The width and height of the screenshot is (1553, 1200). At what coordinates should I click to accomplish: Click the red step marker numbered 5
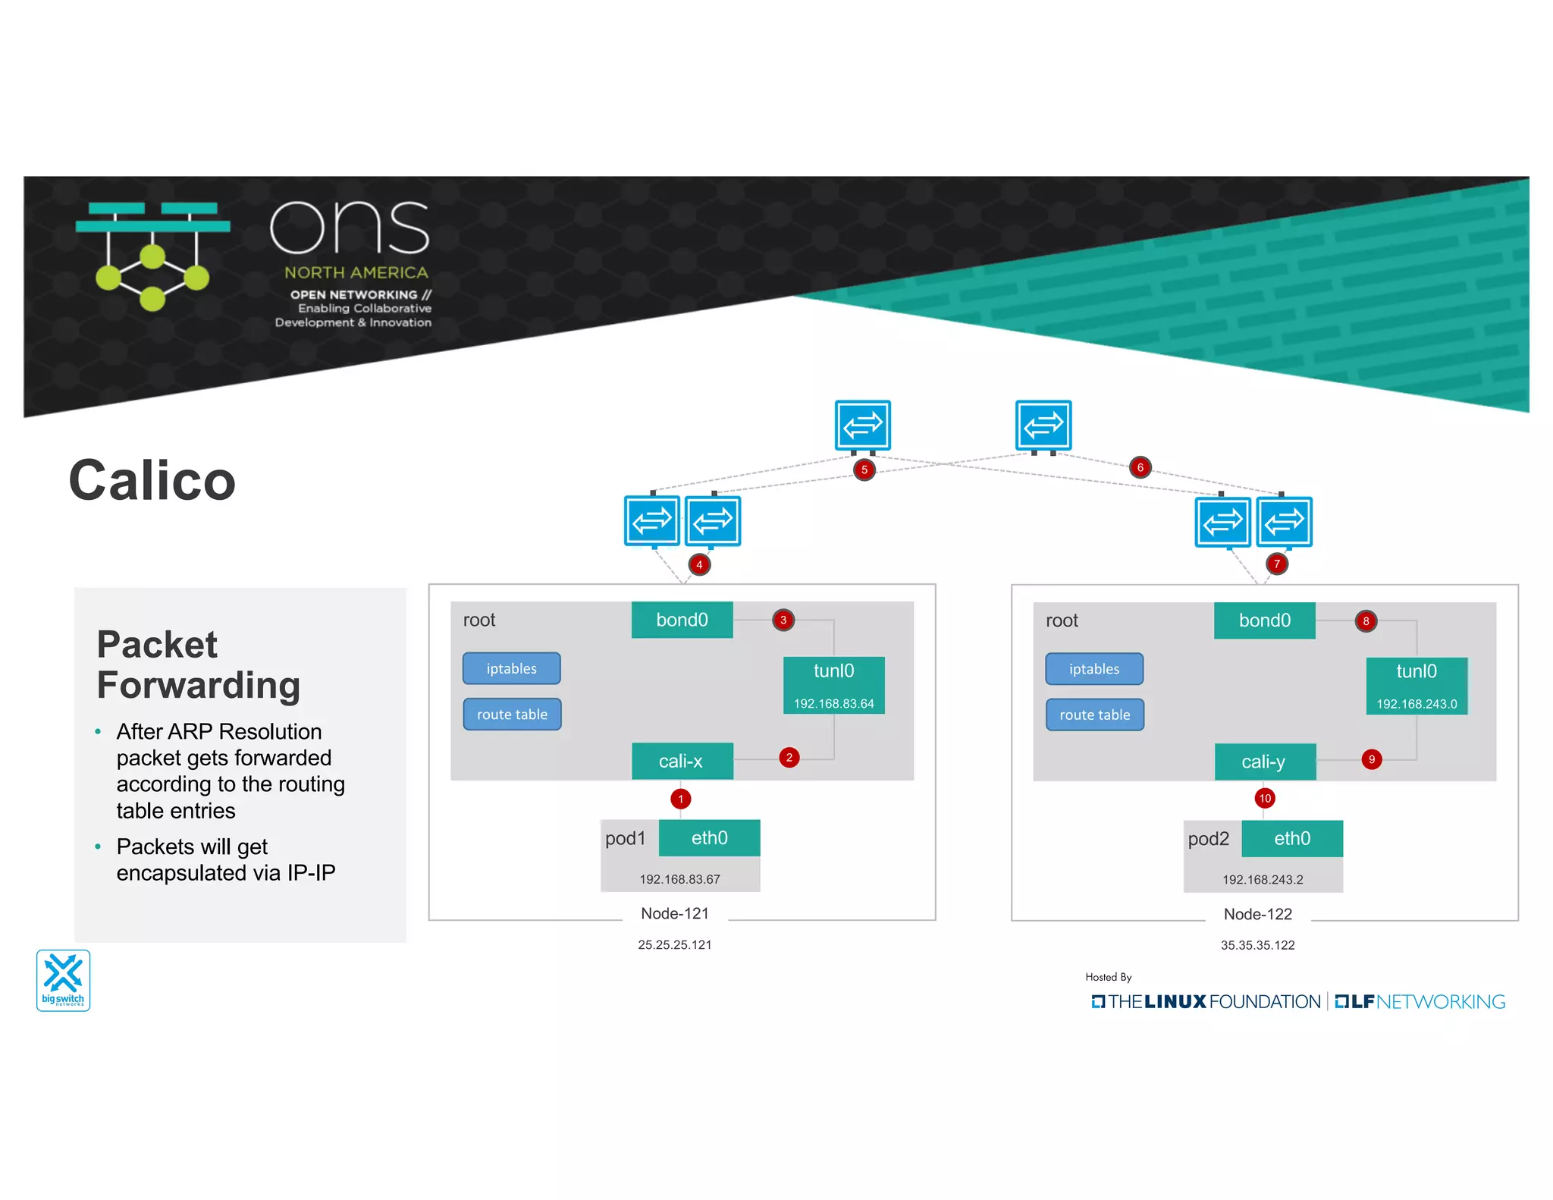864,470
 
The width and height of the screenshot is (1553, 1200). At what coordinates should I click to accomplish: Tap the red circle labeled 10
1264,798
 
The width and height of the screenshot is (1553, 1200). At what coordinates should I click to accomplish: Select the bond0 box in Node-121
682,620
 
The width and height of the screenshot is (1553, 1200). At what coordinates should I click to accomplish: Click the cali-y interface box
1264,762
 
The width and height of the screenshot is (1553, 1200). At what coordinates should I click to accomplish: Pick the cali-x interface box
682,761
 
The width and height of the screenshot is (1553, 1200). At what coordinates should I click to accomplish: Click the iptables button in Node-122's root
1093,669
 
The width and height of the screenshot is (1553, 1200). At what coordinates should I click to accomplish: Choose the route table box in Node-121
512,715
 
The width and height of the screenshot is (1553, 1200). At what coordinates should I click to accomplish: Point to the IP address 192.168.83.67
679,879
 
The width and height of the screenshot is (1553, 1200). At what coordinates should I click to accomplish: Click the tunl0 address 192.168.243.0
1417,704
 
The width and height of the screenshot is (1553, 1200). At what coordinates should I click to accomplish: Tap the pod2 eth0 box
1291,838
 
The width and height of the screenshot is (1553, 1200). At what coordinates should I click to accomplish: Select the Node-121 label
675,913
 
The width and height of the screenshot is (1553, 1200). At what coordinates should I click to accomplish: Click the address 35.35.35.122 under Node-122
1257,945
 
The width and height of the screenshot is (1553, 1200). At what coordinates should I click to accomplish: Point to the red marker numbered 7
1277,564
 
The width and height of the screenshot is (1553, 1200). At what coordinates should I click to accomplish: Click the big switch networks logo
64,980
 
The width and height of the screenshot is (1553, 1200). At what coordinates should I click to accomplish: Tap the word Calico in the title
152,480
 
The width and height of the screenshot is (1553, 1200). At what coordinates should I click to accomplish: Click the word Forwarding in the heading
199,685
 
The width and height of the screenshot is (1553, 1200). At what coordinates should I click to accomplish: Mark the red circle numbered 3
783,620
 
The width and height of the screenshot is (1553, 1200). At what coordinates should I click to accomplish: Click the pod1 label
626,838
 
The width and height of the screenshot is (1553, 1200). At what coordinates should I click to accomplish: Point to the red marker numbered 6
1140,467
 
